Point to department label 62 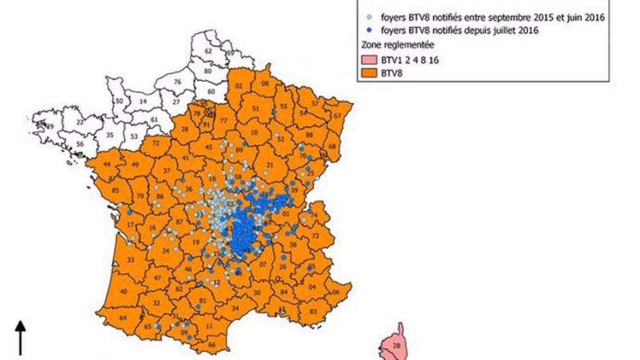(208, 51)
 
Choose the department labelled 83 (313, 311)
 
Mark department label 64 (122, 318)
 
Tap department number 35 (110, 135)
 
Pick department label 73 (315, 236)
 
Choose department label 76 (177, 81)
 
